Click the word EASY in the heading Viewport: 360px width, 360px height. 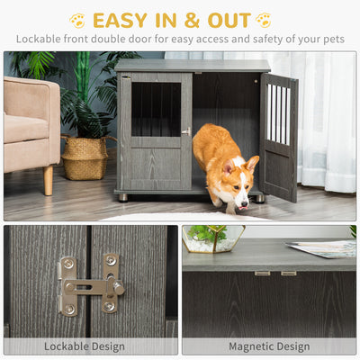[x=120, y=21]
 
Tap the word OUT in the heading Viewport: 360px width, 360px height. [x=229, y=21]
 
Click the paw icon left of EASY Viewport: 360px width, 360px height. [x=77, y=20]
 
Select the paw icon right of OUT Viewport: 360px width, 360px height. [x=264, y=20]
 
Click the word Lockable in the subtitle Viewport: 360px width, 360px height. [x=35, y=39]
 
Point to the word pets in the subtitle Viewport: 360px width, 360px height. [x=334, y=40]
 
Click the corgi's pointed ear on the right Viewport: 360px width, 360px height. [x=252, y=164]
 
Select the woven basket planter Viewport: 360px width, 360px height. [x=85, y=157]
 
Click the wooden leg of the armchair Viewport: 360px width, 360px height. [x=48, y=180]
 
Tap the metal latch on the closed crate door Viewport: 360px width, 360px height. [x=186, y=131]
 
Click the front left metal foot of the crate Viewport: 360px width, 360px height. [x=123, y=198]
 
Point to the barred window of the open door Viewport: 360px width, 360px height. [x=279, y=114]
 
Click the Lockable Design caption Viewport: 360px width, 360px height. [x=85, y=346]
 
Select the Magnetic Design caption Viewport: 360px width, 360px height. [x=269, y=346]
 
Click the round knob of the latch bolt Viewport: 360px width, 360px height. [x=119, y=288]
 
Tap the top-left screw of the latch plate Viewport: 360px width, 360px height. [x=68, y=264]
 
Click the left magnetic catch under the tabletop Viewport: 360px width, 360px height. [x=262, y=274]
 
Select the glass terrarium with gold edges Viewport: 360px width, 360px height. [x=213, y=239]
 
